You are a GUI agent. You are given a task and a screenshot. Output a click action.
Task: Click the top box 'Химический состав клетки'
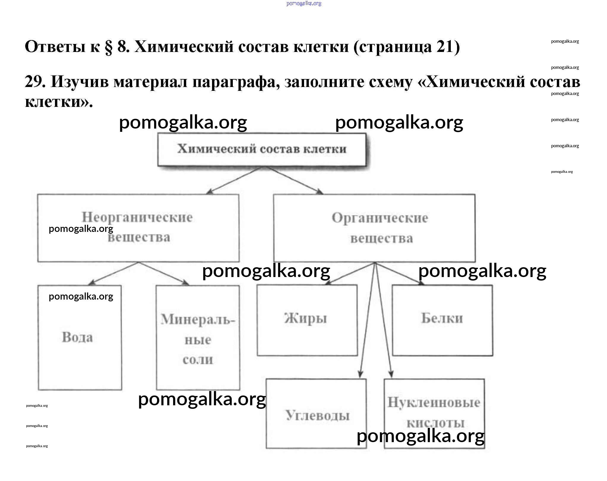(262, 149)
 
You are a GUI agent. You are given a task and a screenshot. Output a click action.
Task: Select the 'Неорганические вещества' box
(138, 228)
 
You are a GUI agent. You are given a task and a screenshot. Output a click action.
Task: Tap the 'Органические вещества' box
(374, 228)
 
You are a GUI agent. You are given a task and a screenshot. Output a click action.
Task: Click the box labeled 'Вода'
(80, 338)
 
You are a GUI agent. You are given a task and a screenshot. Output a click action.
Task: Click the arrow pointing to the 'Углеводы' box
(368, 321)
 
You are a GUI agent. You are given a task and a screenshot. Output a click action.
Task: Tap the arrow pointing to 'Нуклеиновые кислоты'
(383, 321)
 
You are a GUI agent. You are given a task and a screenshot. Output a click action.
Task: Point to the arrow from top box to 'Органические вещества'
(293, 180)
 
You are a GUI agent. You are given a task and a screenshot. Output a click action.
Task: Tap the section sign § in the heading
(109, 47)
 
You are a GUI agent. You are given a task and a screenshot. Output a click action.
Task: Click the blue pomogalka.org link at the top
(303, 4)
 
